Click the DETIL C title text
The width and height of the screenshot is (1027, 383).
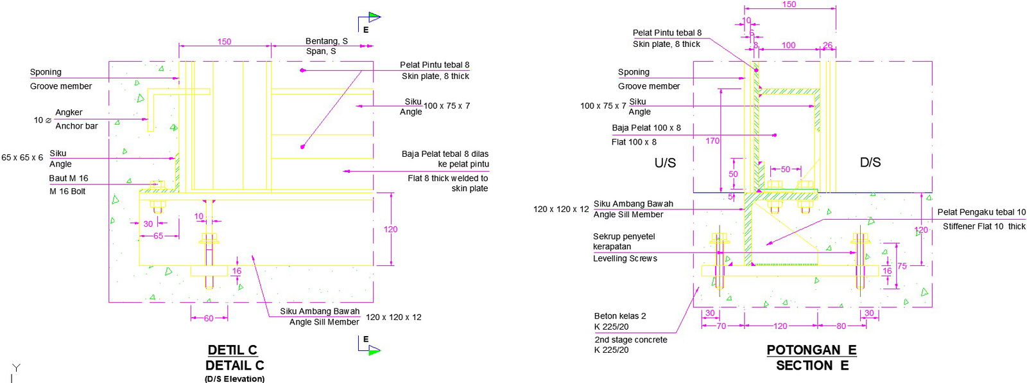point(232,350)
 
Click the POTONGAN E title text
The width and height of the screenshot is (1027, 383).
point(811,350)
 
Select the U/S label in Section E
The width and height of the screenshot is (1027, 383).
point(665,163)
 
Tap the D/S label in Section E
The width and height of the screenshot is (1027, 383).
point(870,163)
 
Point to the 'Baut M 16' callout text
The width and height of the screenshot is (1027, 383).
point(69,179)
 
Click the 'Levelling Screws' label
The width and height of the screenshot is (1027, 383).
point(625,259)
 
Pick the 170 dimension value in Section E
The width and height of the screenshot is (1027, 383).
point(712,141)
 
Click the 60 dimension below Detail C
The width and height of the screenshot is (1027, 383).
point(209,319)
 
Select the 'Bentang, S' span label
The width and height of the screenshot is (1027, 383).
point(326,41)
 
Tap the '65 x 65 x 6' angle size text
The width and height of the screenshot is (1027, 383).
point(22,157)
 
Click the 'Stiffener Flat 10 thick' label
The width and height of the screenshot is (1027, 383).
point(984,226)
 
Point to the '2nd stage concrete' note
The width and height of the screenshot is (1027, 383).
point(630,340)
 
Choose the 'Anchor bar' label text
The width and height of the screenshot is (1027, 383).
point(76,126)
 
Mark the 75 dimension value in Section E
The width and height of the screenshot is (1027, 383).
point(902,266)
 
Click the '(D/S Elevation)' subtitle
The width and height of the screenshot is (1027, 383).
point(234,379)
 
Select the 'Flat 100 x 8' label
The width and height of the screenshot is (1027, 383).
point(634,142)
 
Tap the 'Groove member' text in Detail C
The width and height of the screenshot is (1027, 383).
point(61,86)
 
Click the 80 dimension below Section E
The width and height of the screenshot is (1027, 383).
point(841,326)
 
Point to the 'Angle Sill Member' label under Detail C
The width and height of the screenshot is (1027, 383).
point(324,322)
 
